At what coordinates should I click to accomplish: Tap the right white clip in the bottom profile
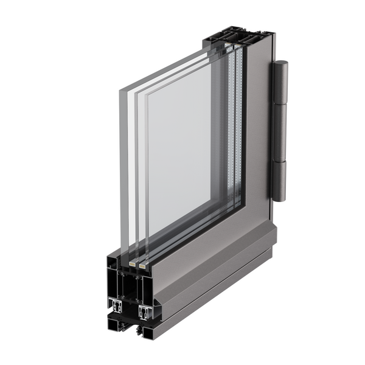point(144,312)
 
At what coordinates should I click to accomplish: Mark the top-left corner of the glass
point(119,88)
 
